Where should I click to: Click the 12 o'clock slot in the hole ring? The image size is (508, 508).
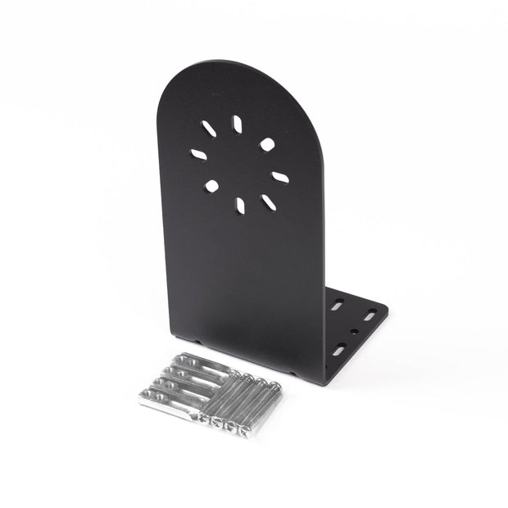(x=237, y=124)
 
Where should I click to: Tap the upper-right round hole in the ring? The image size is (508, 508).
(x=267, y=144)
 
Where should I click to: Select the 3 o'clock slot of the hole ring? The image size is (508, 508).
(x=280, y=177)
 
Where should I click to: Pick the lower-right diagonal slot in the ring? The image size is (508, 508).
(x=268, y=202)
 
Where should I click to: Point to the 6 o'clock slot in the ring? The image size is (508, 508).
(x=240, y=205)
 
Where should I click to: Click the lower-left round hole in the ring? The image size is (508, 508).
(x=211, y=186)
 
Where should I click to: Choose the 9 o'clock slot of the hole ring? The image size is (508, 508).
(x=199, y=154)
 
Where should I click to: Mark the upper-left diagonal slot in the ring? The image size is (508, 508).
(x=209, y=129)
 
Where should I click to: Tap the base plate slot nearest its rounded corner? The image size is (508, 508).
(x=371, y=314)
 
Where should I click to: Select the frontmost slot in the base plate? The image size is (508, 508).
(x=338, y=352)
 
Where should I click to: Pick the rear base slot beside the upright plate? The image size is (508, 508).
(x=337, y=305)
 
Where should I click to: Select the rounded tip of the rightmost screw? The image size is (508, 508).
(x=276, y=384)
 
